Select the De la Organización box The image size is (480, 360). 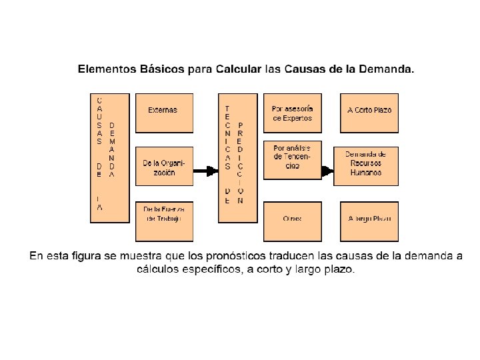coord(164,166)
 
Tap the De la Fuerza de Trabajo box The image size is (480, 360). coord(164,220)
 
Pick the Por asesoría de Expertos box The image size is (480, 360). coord(292,113)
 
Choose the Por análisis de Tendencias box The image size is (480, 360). coord(292,161)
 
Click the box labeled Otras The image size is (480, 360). coord(292,220)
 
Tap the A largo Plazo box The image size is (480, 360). coord(369,220)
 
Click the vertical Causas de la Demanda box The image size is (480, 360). coord(109,157)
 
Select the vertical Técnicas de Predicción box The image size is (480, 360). coord(237,157)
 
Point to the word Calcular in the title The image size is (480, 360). coord(232,69)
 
